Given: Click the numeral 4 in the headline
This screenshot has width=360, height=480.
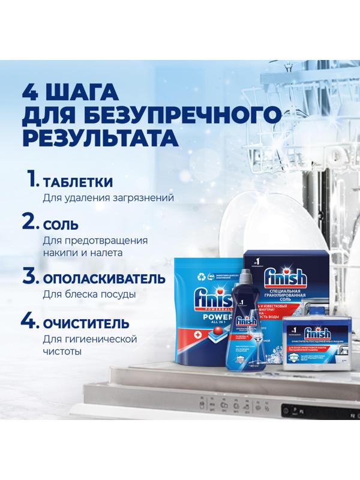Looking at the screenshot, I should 32,92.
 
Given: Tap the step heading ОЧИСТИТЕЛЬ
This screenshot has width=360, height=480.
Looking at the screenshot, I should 85,324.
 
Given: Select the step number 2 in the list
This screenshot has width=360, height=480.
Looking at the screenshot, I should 31,223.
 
